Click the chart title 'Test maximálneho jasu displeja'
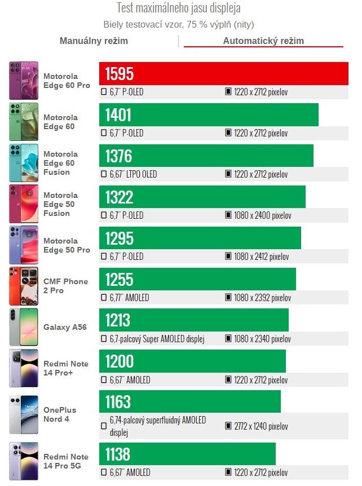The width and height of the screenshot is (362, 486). point(178,8)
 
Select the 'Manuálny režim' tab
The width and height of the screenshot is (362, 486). point(94,41)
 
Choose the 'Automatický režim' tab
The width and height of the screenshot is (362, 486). point(263,41)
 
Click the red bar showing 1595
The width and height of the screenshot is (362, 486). point(223,74)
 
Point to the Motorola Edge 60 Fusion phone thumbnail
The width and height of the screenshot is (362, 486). point(24,163)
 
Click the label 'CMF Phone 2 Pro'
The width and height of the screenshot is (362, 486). point(65,286)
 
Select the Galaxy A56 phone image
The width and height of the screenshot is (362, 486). point(24,327)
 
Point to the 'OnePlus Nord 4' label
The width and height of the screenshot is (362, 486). point(60,414)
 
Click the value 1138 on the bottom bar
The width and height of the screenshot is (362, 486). point(118,454)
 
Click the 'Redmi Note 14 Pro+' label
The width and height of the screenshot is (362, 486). point(65,368)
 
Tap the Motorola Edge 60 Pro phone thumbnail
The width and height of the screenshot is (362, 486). point(24,81)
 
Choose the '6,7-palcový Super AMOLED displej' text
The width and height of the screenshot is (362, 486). point(156,339)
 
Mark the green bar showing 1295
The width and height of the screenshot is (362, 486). point(200,238)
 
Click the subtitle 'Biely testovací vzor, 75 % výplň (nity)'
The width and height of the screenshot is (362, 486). point(178,25)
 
